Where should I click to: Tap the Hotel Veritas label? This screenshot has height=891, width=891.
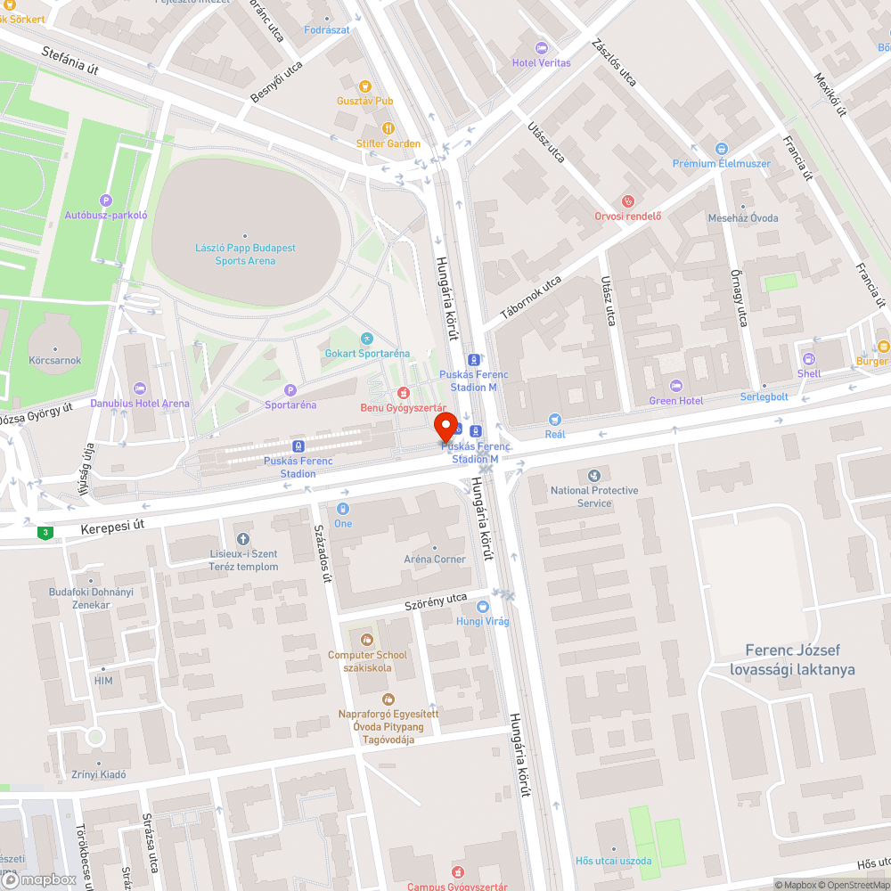tap(541, 62)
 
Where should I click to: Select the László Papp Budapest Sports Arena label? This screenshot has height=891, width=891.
tap(246, 254)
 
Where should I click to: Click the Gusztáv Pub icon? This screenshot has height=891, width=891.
tap(364, 86)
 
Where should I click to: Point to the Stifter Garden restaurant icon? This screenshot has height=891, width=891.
tap(388, 128)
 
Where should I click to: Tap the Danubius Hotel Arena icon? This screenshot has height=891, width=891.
tap(139, 388)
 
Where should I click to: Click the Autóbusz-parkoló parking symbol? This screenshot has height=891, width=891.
tap(106, 200)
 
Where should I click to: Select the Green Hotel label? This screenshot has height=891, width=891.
tap(675, 401)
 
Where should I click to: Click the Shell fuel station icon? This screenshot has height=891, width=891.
tap(809, 358)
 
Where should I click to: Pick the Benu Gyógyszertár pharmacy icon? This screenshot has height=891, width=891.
tap(403, 392)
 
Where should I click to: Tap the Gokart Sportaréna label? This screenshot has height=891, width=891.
tap(366, 354)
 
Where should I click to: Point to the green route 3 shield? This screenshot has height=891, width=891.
tap(44, 533)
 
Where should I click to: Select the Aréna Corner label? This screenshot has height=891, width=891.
tap(435, 560)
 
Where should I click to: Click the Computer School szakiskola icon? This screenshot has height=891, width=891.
tap(366, 640)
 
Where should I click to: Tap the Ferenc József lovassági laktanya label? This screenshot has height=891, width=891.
tap(792, 660)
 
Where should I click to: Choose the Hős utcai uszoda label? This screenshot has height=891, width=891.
tap(613, 861)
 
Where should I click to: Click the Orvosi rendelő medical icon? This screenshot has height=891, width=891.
tap(628, 201)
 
